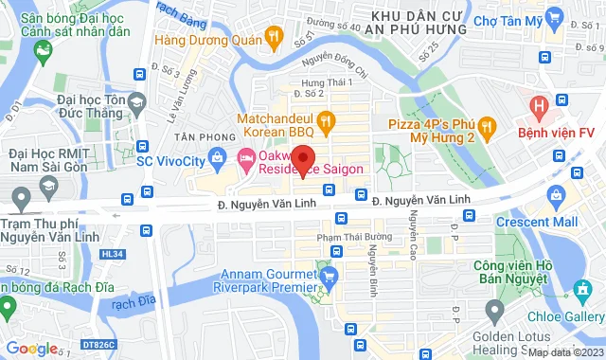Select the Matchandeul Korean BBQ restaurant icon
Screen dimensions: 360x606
325,120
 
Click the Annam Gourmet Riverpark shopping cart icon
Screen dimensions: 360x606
329,277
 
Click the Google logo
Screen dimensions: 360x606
32,348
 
